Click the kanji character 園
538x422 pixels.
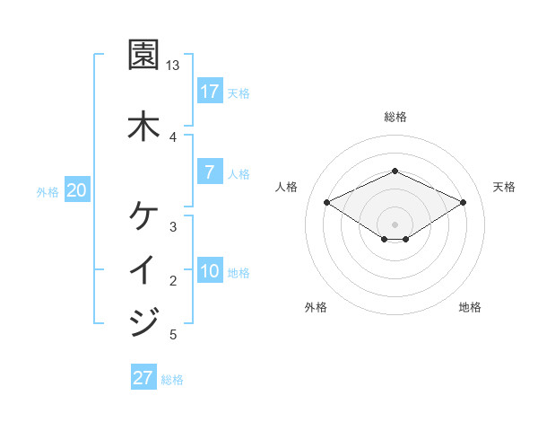click(143, 56)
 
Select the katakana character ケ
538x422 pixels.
click(143, 216)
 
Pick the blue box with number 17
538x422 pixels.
click(209, 92)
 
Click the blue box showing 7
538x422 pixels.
click(209, 172)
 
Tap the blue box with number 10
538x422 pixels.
click(209, 271)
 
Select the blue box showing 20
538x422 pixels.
click(77, 190)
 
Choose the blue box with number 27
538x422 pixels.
click(143, 378)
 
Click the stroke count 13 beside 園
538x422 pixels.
click(173, 66)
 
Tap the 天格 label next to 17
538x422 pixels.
click(239, 92)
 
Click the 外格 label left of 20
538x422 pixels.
click(48, 191)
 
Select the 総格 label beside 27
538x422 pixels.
click(172, 379)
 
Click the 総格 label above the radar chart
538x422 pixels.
click(395, 117)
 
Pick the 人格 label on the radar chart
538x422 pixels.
click(287, 187)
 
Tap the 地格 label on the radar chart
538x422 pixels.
click(470, 307)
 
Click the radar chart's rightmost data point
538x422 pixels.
click(463, 203)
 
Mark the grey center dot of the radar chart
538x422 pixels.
click(395, 224)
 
